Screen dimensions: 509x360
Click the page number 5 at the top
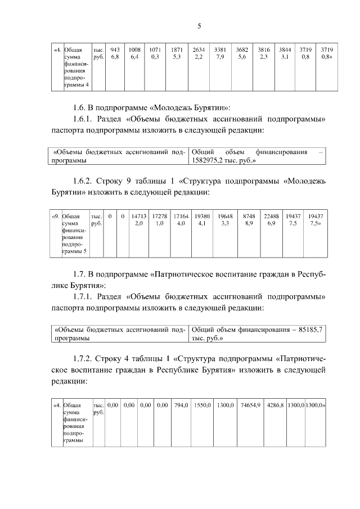pos(199,26)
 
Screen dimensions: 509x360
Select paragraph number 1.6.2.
pos(85,182)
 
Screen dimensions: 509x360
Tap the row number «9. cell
pos(55,216)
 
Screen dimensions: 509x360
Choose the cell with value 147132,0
pos(138,219)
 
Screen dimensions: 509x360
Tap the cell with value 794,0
pos(181,404)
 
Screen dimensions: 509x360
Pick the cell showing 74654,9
pos(250,404)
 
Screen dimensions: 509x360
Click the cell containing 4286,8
pos(276,404)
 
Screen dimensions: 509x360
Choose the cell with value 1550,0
pos(202,404)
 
